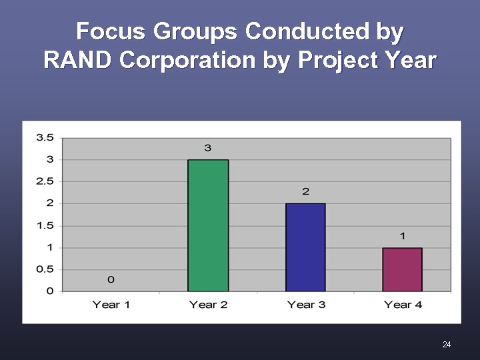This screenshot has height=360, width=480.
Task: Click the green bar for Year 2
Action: [208, 225]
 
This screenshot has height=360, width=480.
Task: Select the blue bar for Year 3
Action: [305, 247]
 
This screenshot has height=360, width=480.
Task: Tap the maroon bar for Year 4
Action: [402, 269]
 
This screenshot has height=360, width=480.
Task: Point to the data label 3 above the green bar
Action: [208, 147]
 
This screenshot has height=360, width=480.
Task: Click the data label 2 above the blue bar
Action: [305, 191]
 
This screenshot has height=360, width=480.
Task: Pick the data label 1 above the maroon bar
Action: [403, 236]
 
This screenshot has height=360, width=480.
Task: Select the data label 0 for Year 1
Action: [111, 279]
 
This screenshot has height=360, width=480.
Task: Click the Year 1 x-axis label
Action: [111, 305]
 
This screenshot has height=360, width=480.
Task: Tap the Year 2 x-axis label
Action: [208, 305]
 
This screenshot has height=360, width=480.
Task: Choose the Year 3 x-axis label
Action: [305, 305]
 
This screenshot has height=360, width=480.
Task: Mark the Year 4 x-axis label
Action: [403, 305]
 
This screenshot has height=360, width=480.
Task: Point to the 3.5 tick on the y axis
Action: [45, 137]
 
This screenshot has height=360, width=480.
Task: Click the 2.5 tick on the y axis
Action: [45, 181]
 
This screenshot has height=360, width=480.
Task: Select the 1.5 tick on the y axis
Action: [45, 225]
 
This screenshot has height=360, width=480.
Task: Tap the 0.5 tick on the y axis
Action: [45, 269]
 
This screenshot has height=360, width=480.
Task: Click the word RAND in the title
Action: [78, 60]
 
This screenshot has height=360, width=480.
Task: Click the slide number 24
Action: [446, 344]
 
